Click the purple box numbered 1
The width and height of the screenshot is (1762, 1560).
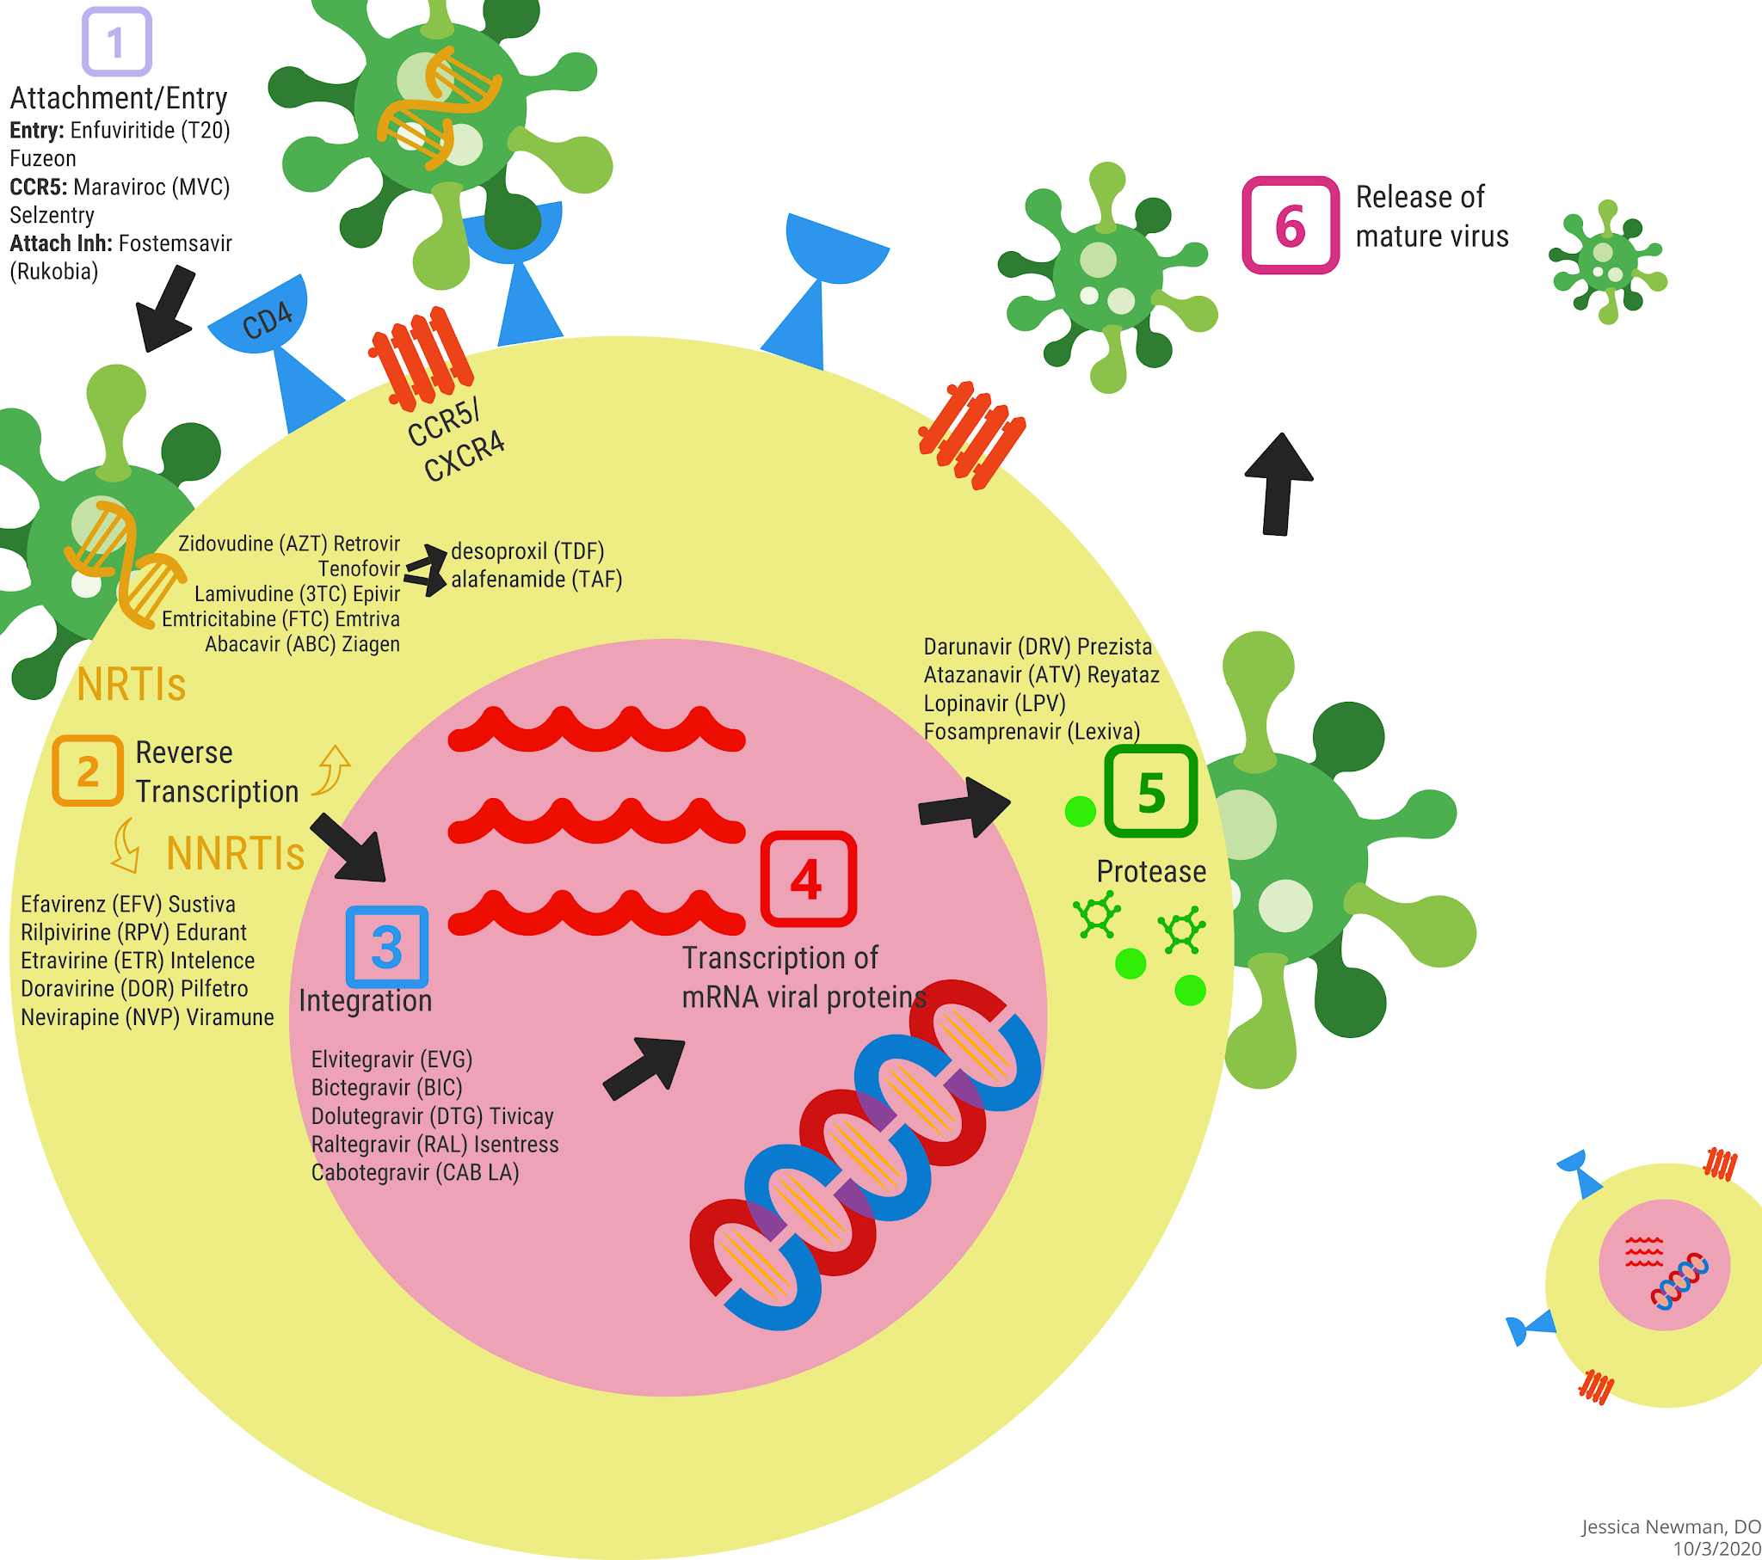coord(116,42)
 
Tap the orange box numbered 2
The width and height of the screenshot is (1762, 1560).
coord(87,771)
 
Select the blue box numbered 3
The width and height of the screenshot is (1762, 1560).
coord(387,946)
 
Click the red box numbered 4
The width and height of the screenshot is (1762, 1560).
coord(808,879)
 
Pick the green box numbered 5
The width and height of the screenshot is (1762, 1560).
coord(1151,791)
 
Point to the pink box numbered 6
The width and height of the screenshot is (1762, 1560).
coord(1290,226)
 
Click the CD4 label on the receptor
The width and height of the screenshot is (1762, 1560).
coord(267,322)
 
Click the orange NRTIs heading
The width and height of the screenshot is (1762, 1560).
coord(131,685)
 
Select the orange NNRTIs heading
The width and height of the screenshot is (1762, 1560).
coord(235,853)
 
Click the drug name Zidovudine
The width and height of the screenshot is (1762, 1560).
coord(227,544)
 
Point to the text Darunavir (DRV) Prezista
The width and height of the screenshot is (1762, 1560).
coord(1037,647)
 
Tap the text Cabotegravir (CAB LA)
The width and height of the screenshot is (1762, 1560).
coord(415,1172)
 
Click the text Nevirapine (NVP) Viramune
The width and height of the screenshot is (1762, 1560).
coord(146,1017)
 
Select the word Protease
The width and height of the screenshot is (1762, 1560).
coord(1151,871)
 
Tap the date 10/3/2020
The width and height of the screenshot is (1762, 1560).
coord(1716,1549)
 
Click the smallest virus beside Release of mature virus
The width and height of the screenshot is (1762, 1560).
coord(1608,261)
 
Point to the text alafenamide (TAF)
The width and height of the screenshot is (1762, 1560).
coord(536,579)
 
